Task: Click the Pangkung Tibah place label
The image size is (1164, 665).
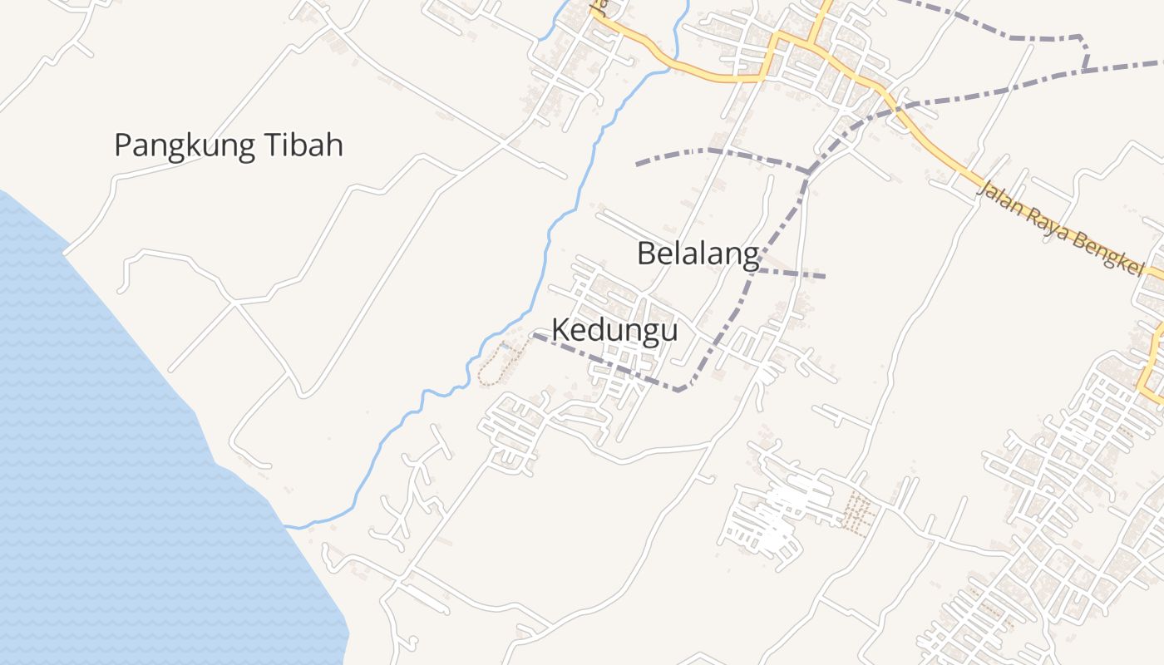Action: (229, 145)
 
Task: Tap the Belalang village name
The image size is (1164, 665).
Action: (698, 254)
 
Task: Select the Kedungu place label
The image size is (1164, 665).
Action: (614, 330)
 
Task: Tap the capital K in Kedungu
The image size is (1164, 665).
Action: (560, 330)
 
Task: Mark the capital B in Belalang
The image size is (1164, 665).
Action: (646, 254)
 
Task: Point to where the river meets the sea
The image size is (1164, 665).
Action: (288, 526)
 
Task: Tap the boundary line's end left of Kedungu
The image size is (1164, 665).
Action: (534, 336)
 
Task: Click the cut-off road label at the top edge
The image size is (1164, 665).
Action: (595, 7)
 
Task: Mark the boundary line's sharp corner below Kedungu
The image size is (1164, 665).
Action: (680, 390)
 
